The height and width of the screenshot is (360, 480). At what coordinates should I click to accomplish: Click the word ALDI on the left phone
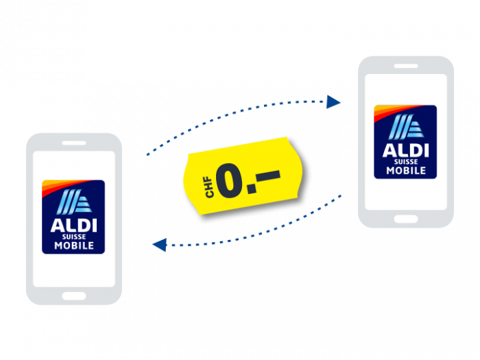(x=74, y=226)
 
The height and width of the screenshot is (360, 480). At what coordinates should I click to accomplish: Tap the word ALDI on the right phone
(x=406, y=150)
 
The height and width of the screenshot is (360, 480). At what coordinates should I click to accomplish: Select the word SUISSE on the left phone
(x=74, y=237)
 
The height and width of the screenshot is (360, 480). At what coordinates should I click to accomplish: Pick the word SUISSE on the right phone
(x=406, y=162)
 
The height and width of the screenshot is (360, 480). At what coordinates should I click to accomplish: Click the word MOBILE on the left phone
(x=74, y=245)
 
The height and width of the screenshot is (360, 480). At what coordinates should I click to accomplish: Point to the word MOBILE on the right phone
(x=406, y=171)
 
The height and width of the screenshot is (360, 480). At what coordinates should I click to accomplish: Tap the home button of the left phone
(x=74, y=296)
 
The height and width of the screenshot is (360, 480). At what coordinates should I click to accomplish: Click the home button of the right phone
(x=406, y=219)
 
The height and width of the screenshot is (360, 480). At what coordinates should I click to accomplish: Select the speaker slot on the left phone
(x=74, y=143)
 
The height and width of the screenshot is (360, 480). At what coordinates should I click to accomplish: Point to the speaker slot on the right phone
(x=406, y=66)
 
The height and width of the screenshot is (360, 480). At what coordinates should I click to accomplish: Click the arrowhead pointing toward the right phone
(x=333, y=102)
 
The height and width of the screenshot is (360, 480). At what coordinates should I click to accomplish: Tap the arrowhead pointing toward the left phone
(x=160, y=245)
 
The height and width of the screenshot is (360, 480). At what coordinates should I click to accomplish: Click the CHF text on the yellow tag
(x=209, y=187)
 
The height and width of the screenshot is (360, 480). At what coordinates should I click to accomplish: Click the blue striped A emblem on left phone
(x=74, y=202)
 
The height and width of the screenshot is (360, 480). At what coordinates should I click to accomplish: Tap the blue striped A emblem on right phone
(x=406, y=127)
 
